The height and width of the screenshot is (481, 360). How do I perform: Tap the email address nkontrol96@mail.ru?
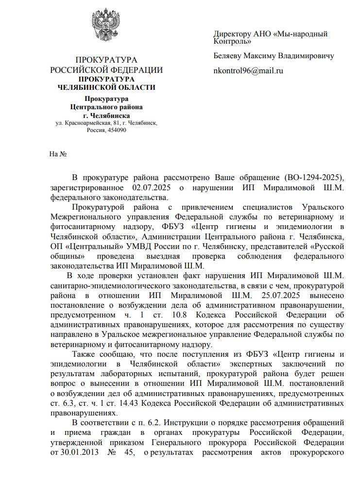pyautogui.click(x=248, y=71)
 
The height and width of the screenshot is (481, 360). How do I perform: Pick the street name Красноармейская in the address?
pyautogui.click(x=86, y=124)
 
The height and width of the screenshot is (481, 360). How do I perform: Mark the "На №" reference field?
pyautogui.click(x=58, y=154)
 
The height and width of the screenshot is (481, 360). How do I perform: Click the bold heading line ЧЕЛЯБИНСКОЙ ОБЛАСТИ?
pyautogui.click(x=107, y=87)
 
